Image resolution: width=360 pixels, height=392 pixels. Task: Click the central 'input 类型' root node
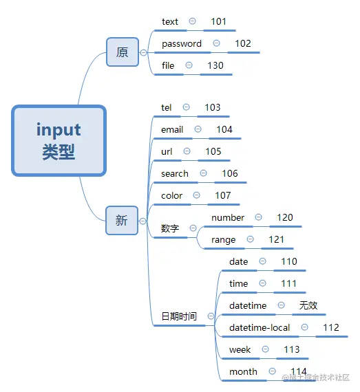pyautogui.click(x=59, y=140)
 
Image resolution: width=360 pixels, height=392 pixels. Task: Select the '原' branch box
pyautogui.click(x=123, y=52)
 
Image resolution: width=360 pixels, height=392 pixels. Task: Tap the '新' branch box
pyautogui.click(x=122, y=220)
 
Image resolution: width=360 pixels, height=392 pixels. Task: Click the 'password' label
pyautogui.click(x=182, y=44)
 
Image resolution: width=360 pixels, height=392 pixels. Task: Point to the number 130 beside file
pyautogui.click(x=215, y=66)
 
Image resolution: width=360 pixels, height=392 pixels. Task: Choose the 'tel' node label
pyautogui.click(x=166, y=108)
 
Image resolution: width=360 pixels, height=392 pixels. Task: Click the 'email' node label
pyautogui.click(x=172, y=130)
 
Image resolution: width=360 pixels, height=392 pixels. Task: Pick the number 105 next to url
pyautogui.click(x=213, y=152)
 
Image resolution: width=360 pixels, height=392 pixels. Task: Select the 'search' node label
pyautogui.click(x=175, y=174)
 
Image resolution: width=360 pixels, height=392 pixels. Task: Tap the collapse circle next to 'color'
pyautogui.click(x=197, y=195)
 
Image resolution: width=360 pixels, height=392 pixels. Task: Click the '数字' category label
pyautogui.click(x=170, y=229)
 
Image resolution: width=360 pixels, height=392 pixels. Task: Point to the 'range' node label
pyautogui.click(x=224, y=240)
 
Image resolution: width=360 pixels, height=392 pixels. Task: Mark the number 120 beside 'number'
pyautogui.click(x=285, y=218)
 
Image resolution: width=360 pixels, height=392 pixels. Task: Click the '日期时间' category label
pyautogui.click(x=179, y=317)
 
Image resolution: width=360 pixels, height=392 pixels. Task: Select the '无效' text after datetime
pyautogui.click(x=308, y=306)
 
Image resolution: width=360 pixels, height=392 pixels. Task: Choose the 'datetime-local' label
pyautogui.click(x=260, y=328)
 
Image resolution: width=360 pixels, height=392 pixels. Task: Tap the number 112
pyautogui.click(x=331, y=328)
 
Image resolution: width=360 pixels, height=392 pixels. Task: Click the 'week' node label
pyautogui.click(x=240, y=350)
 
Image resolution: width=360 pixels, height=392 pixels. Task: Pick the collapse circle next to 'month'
pyautogui.click(x=271, y=371)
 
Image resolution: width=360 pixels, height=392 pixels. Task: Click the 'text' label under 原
pyautogui.click(x=170, y=22)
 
